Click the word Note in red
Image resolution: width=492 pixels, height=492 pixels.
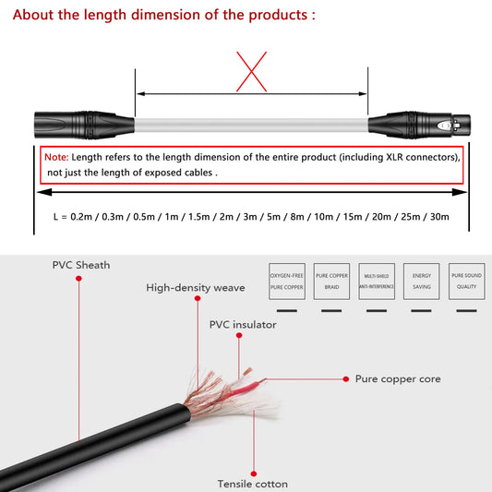pyautogui.click(x=56, y=157)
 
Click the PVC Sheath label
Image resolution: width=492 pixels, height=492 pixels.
pyautogui.click(x=80, y=265)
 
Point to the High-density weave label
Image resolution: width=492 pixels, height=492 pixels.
pyautogui.click(x=196, y=287)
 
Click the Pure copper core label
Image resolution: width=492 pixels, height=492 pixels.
pyautogui.click(x=398, y=378)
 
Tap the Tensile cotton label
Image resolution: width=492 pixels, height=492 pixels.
pyautogui.click(x=252, y=484)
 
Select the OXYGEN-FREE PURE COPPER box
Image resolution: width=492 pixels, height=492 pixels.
pyautogui.click(x=285, y=282)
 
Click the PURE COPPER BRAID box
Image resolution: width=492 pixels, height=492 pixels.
pyautogui.click(x=331, y=282)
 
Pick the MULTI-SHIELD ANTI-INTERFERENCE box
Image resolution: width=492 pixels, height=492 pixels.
pyautogui.click(x=376, y=282)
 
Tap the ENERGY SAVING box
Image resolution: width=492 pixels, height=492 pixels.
pyautogui.click(x=421, y=282)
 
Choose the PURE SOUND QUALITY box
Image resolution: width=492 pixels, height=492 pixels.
pyautogui.click(x=465, y=282)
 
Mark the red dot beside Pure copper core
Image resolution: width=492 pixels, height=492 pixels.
pyautogui.click(x=345, y=378)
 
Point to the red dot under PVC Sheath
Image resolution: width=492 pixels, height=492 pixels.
pyautogui.click(x=80, y=281)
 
